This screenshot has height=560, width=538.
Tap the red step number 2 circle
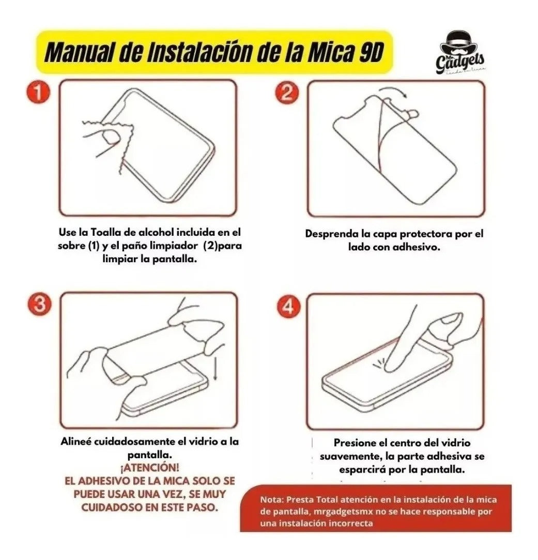pos(286,93)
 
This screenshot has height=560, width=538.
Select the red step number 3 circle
pos(39,304)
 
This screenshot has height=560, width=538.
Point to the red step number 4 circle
pos(288,306)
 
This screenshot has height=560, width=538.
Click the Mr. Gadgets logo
pos(460,54)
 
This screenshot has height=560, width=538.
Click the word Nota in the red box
pos(272,500)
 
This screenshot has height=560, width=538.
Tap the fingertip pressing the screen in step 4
pos(392,367)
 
